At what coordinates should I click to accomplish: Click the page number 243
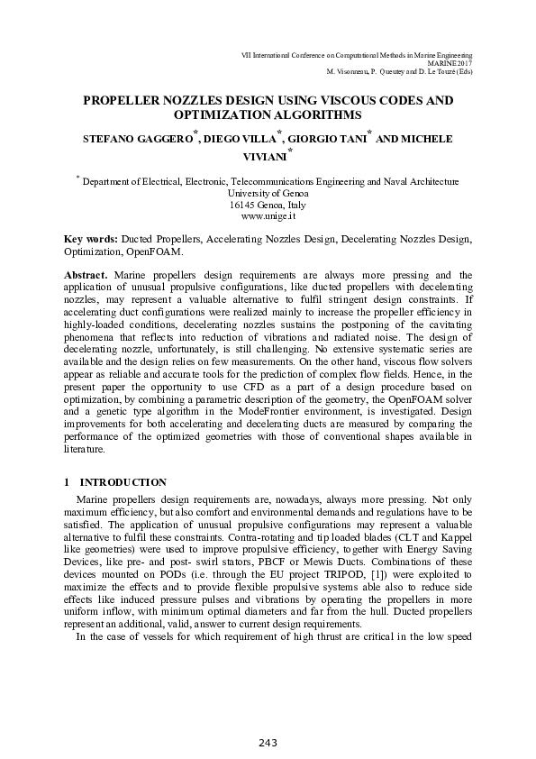click(x=268, y=743)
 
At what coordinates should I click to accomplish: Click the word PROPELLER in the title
click(x=125, y=101)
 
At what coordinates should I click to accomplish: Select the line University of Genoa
click(x=268, y=193)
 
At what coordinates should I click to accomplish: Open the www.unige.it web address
click(x=268, y=217)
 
